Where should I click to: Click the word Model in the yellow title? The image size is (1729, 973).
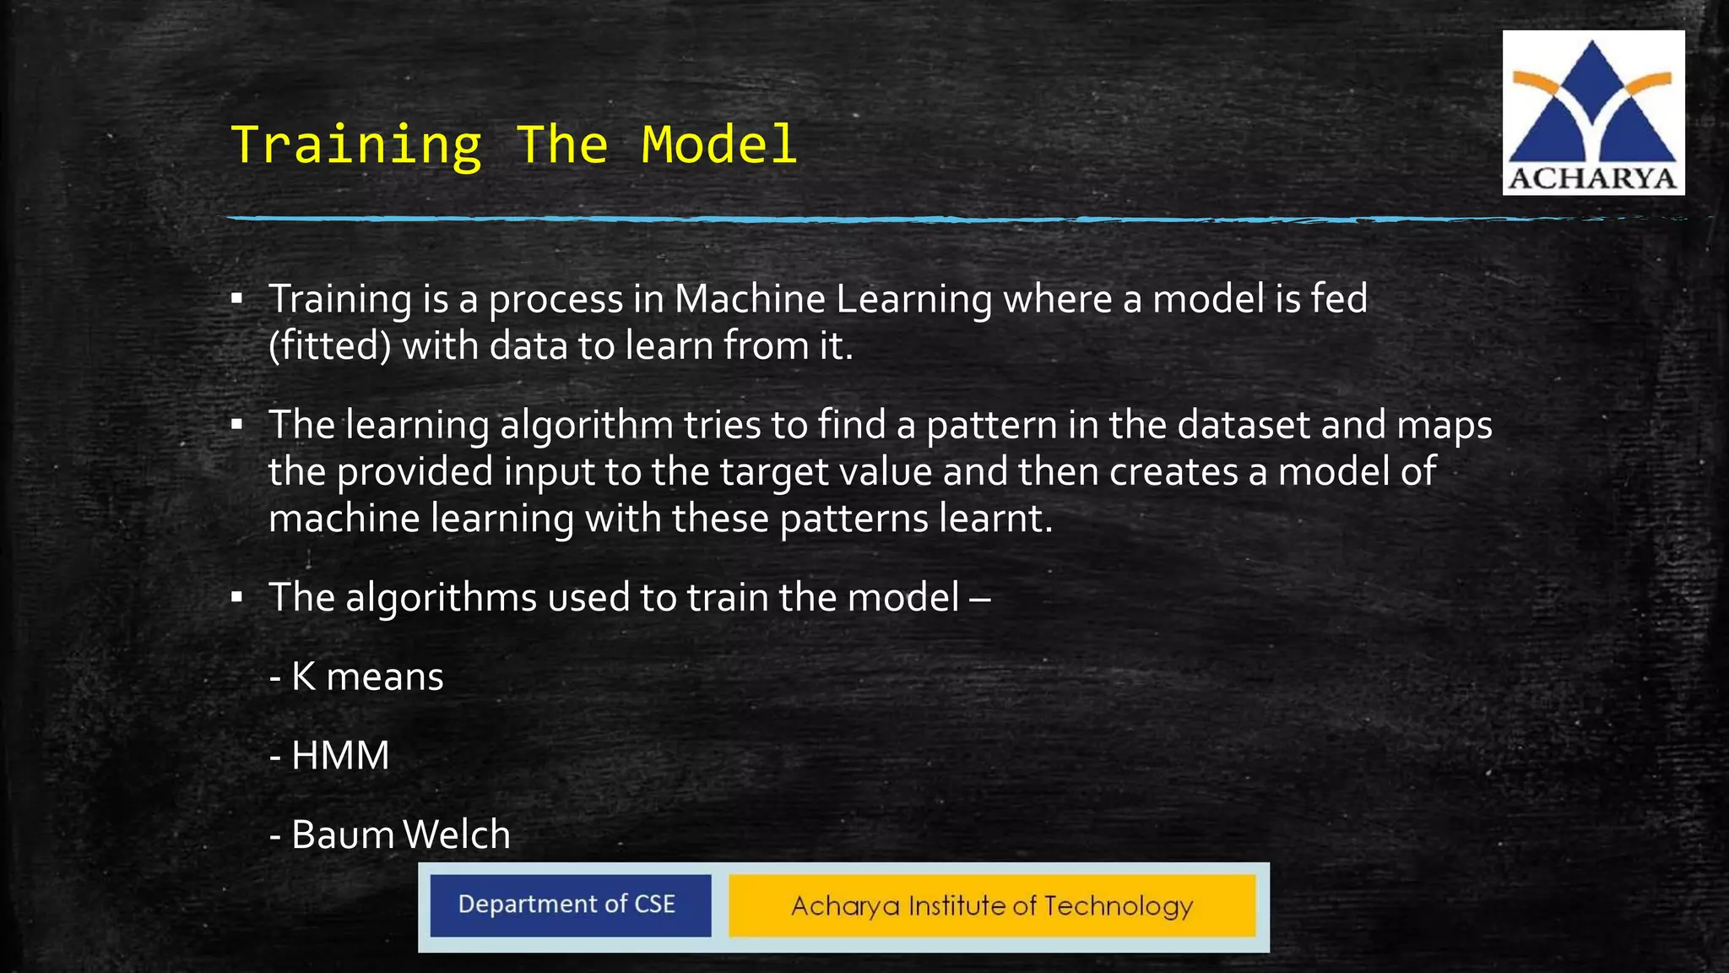point(718,144)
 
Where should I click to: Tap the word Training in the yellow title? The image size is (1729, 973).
point(355,146)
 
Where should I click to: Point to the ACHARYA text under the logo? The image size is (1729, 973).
point(1592,179)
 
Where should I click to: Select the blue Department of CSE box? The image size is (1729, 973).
point(570,905)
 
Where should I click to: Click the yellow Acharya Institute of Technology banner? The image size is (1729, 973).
point(992,905)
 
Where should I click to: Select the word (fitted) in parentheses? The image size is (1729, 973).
point(329,346)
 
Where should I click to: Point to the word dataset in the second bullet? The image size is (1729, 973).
point(1244,425)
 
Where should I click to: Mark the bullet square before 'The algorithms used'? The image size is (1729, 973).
point(237,598)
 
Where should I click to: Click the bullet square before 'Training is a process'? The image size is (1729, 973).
point(237,299)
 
